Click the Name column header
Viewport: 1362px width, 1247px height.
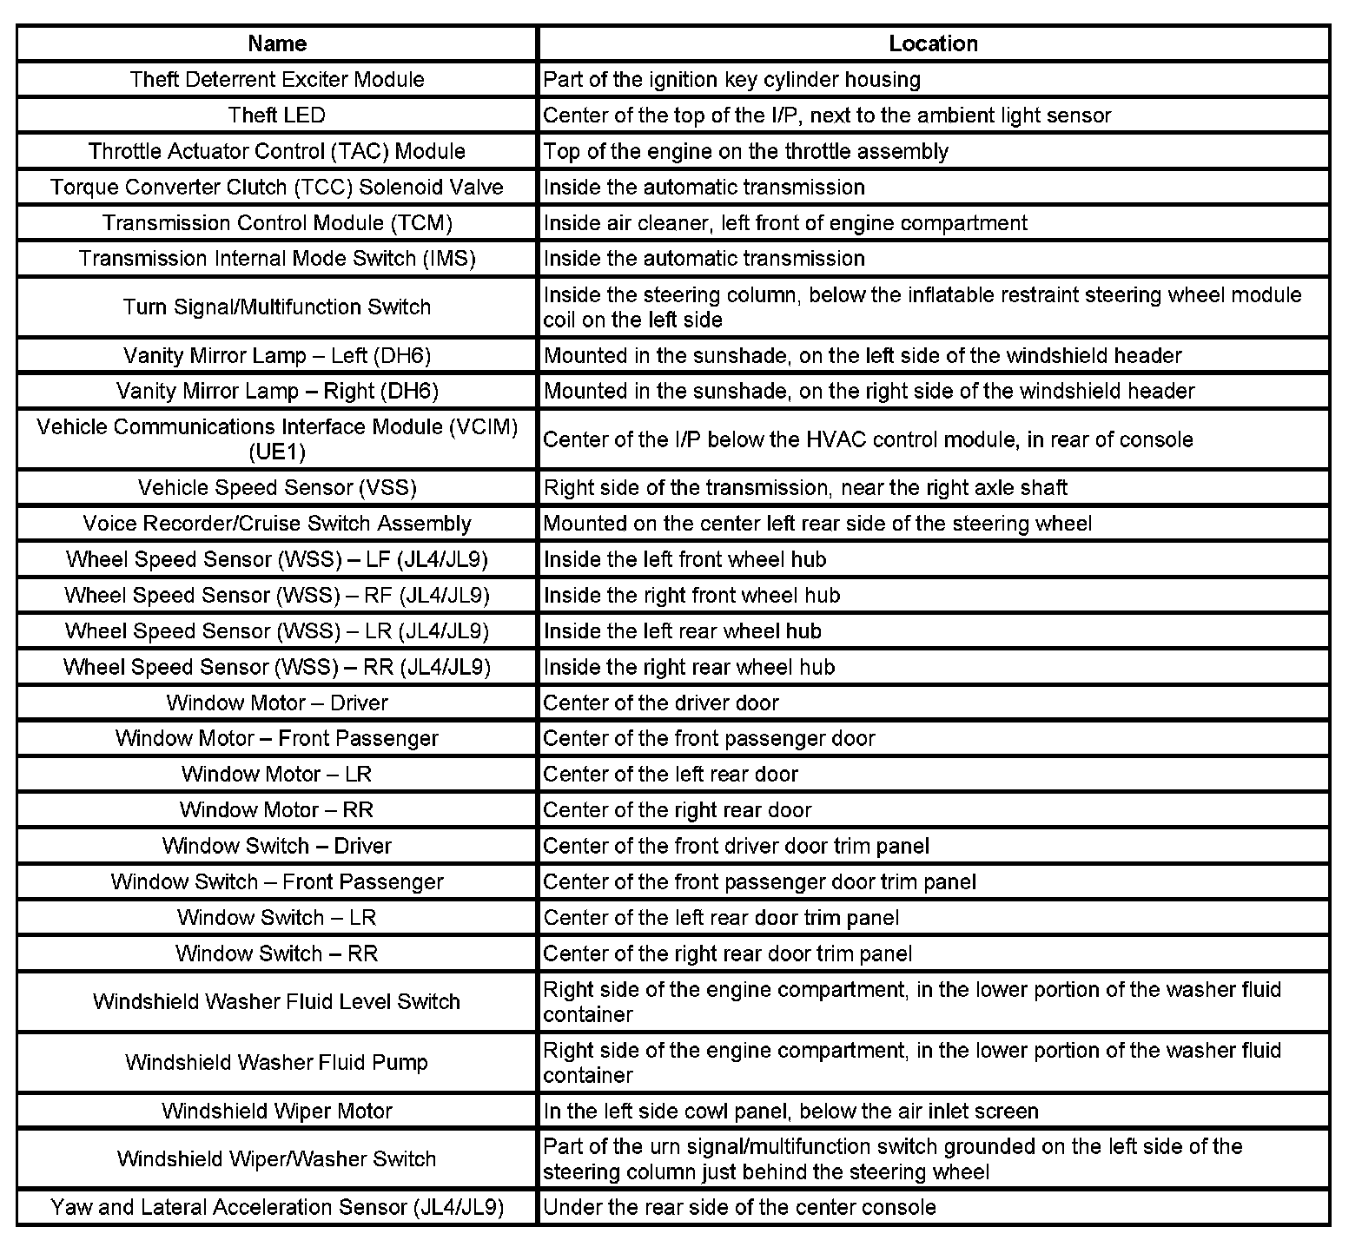click(277, 43)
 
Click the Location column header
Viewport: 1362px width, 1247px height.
click(933, 43)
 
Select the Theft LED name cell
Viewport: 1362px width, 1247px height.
click(277, 115)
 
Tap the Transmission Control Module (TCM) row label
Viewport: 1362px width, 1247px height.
click(277, 223)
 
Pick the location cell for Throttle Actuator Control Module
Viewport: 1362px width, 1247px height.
click(745, 151)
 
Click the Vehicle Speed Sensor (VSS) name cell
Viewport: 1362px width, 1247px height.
click(277, 488)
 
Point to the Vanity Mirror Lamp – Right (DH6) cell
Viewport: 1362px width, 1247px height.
click(277, 391)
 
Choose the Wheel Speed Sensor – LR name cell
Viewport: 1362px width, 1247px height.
click(277, 631)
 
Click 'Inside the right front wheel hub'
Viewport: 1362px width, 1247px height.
click(691, 596)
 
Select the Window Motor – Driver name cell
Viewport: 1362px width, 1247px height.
click(277, 703)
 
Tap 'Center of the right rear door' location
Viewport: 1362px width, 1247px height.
click(677, 810)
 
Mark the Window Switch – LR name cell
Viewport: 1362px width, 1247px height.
click(277, 918)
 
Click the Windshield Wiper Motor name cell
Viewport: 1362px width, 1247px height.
click(277, 1112)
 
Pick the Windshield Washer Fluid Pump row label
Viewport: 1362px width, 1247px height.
click(277, 1063)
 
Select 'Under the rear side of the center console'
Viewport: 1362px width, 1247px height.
click(739, 1207)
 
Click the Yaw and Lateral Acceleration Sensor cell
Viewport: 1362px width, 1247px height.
click(277, 1207)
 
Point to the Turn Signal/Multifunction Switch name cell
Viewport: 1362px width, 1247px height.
click(277, 307)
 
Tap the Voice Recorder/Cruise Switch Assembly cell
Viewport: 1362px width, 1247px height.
click(277, 524)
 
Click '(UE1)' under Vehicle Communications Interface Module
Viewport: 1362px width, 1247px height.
click(277, 452)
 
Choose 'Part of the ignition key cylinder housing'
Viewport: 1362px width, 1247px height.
click(731, 80)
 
